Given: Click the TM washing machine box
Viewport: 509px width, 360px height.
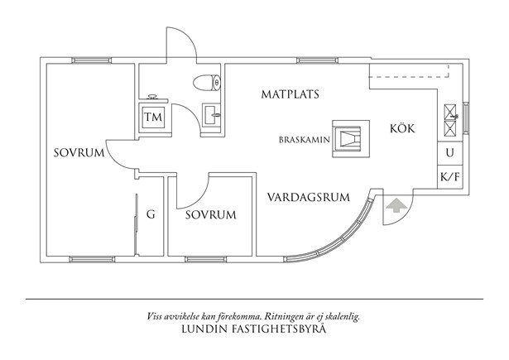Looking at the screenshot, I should click(154, 118).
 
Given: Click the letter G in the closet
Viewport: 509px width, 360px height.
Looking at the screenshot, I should click(151, 214).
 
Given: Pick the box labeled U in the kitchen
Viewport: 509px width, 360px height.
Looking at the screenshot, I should click(449, 153).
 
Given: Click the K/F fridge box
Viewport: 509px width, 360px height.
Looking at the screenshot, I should click(449, 175).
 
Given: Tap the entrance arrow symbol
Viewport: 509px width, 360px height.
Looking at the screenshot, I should click(396, 204).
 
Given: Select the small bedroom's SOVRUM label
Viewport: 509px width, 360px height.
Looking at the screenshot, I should click(210, 214).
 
